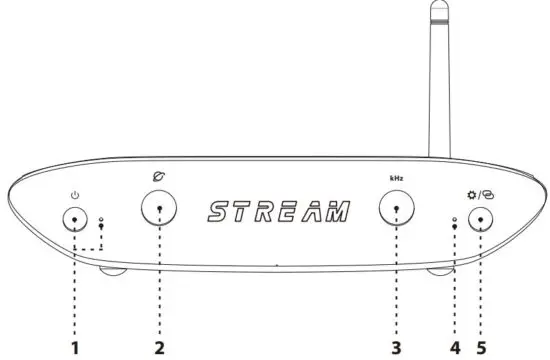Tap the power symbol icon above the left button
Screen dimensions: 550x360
point(75,194)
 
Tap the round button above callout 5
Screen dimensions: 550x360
point(483,219)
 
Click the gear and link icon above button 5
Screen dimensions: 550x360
point(482,193)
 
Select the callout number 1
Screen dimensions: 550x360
point(75,347)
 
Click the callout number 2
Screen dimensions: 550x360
point(159,347)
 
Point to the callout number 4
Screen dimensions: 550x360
point(455,347)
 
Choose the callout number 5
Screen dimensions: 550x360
point(483,347)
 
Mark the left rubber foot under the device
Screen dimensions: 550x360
point(112,270)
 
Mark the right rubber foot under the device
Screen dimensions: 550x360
point(440,270)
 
